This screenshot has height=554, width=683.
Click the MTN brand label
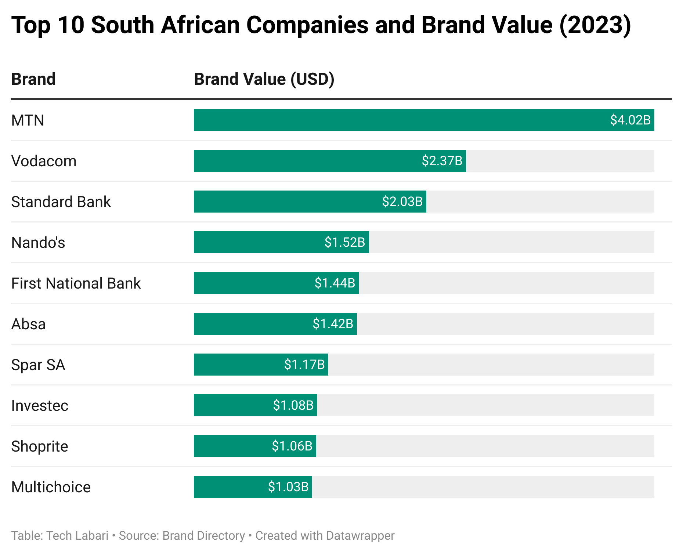pyautogui.click(x=28, y=120)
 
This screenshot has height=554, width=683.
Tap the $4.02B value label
pyautogui.click(x=630, y=120)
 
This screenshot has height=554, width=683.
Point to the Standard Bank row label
pyautogui.click(x=61, y=202)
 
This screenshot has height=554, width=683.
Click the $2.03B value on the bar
pyautogui.click(x=402, y=202)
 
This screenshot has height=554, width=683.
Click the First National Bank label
pyautogui.click(x=76, y=283)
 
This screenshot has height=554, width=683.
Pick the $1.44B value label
pyautogui.click(x=335, y=283)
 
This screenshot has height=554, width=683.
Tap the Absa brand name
pyautogui.click(x=28, y=324)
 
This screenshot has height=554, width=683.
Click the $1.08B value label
pyautogui.click(x=293, y=405)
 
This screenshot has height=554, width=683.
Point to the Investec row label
pyautogui.click(x=40, y=406)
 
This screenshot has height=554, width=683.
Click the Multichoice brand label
pyautogui.click(x=51, y=487)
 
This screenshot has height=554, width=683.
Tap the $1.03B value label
pyautogui.click(x=288, y=487)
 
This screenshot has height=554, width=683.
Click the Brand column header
pyautogui.click(x=33, y=79)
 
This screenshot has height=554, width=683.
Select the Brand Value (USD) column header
pyautogui.click(x=264, y=79)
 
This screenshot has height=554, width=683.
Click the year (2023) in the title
pyautogui.click(x=595, y=25)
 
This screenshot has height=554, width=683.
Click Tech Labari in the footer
pyautogui.click(x=77, y=536)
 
